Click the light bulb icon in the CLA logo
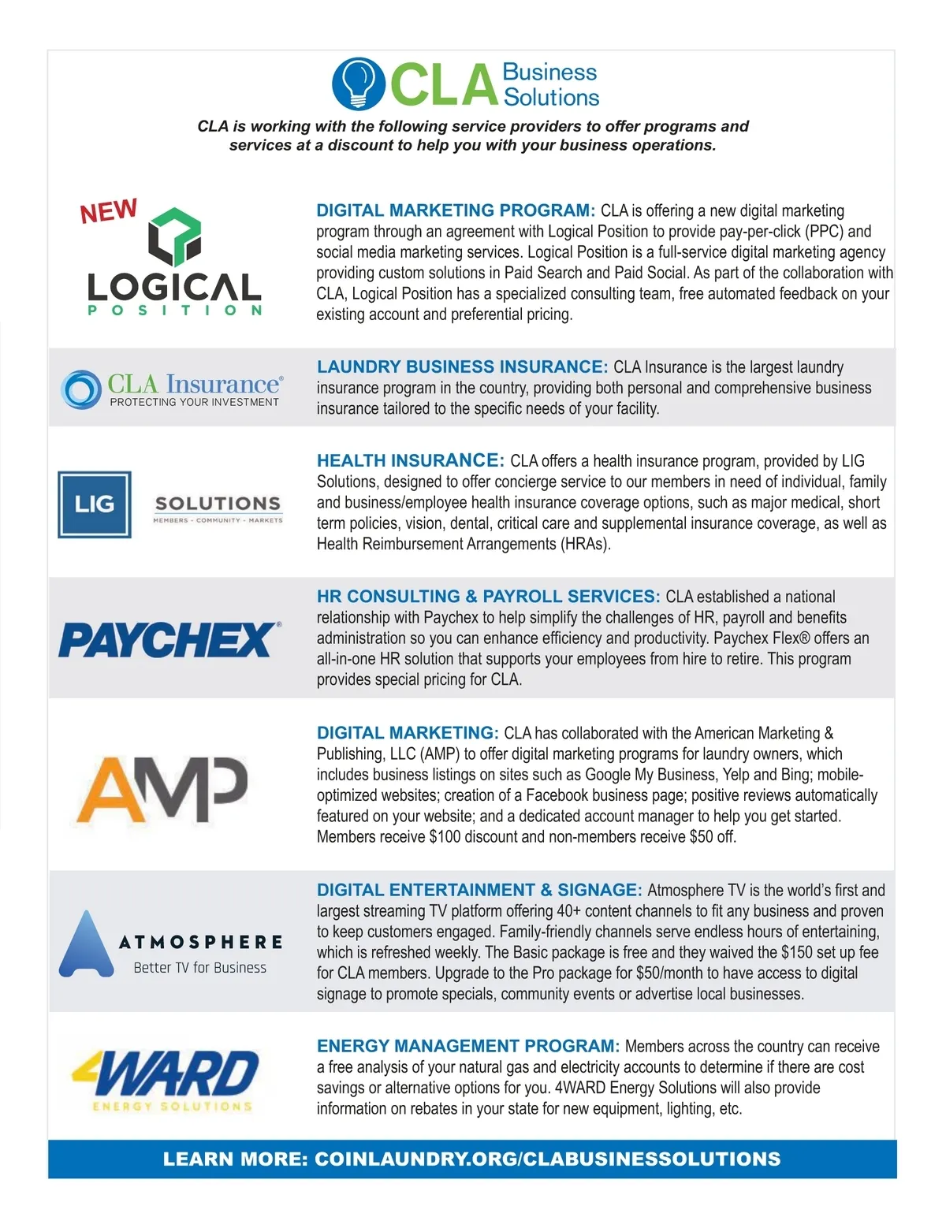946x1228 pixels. coord(359,83)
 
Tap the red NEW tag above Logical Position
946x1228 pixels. coord(109,211)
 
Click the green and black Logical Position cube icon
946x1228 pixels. coord(175,236)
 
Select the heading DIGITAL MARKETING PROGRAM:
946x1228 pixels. coord(456,210)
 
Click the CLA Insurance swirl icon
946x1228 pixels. coord(81,389)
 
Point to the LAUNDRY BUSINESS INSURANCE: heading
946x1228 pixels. coord(462,367)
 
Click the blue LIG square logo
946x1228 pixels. coord(95,504)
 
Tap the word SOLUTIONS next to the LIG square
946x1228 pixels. coord(218,504)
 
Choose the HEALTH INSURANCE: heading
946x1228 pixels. coord(410,460)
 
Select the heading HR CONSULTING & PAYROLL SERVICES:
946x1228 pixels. coord(488,597)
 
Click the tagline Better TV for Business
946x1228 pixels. coord(199,967)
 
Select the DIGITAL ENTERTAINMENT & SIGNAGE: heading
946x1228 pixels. coord(479,890)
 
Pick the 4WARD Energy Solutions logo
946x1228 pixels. coord(166,1079)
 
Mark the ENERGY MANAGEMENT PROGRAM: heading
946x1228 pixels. coord(468,1046)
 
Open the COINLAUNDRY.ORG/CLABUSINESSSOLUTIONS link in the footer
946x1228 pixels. coord(547,1159)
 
